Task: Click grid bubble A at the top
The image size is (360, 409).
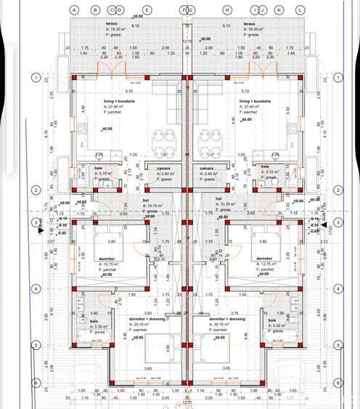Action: click(74, 9)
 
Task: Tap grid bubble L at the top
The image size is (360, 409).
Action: click(300, 9)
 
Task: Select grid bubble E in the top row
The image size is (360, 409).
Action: click(147, 9)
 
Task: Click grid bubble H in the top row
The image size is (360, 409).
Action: click(227, 9)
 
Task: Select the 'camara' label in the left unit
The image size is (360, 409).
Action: click(164, 169)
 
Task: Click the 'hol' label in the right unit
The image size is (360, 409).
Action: click(218, 198)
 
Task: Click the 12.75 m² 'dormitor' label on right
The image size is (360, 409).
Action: click(264, 258)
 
